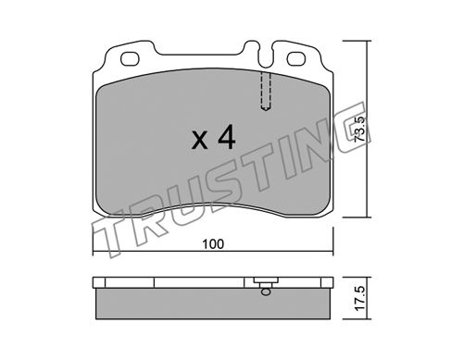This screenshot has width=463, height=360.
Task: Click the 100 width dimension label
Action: (213, 244)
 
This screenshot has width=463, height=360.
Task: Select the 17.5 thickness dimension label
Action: (361, 299)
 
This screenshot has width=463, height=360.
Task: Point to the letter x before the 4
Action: (200, 141)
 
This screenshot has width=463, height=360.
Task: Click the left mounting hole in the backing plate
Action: (130, 58)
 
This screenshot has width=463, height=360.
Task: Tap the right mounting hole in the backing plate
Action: (296, 58)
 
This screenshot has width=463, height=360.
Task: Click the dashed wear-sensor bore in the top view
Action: (266, 92)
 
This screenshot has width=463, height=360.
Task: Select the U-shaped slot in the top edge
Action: (265, 56)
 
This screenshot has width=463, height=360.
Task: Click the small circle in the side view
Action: (265, 292)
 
